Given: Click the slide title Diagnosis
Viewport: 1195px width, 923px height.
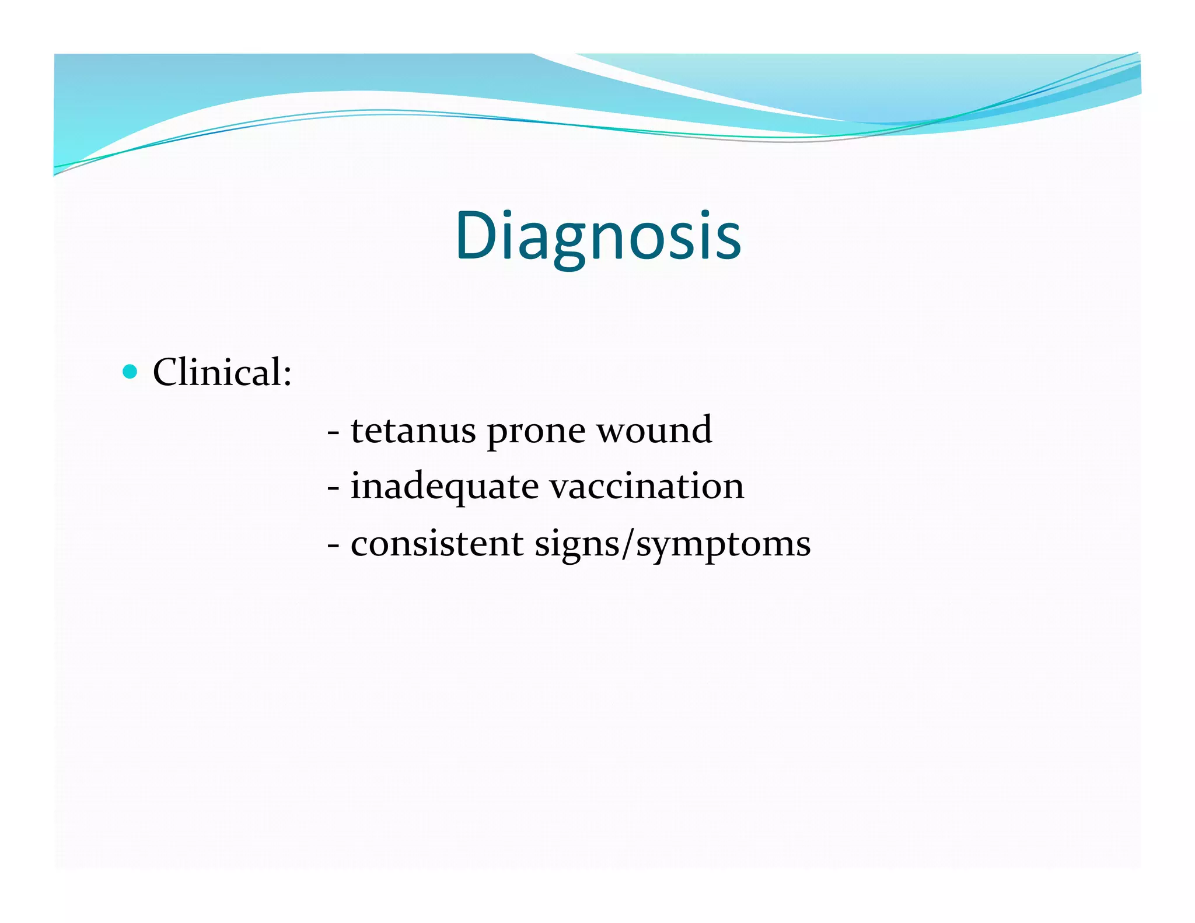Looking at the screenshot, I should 598,236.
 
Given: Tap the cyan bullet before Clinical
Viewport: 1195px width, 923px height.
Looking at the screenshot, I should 130,372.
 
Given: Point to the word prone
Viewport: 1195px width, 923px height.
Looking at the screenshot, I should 536,433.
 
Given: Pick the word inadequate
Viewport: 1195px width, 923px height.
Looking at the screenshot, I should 444,487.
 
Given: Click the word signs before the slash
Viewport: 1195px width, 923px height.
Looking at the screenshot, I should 577,546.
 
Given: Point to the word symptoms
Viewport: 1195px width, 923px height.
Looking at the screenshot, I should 723,546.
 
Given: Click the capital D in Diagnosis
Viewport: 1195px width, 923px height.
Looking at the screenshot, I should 476,236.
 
